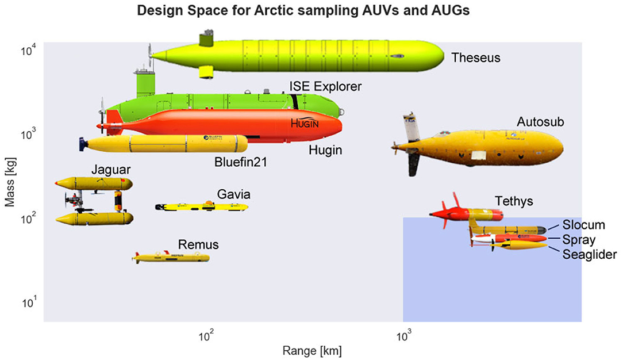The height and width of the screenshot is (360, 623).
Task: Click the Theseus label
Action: tap(476, 58)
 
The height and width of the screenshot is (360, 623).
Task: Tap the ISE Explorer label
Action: tap(325, 87)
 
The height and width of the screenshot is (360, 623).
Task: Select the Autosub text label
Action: tap(540, 122)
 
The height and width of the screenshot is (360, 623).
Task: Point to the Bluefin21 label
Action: tap(240, 162)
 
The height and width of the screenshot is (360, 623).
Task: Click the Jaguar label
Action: tap(110, 170)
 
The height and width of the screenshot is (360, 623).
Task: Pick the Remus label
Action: tap(198, 245)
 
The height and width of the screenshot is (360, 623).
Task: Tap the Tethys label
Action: tap(514, 201)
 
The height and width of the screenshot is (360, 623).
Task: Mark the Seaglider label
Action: tap(590, 254)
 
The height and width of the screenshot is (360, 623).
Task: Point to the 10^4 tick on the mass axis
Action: tap(29, 51)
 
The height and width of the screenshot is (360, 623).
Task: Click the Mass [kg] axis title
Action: tap(9, 183)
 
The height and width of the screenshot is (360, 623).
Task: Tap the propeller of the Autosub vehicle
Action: tap(397, 148)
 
